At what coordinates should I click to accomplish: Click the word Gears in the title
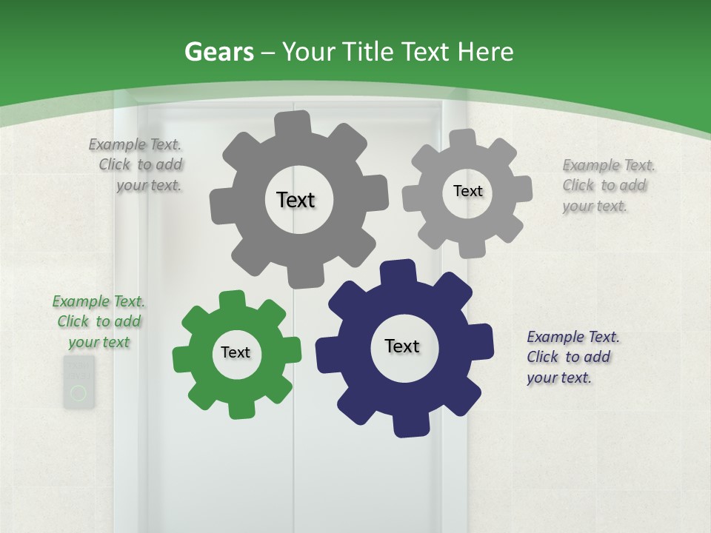[218, 52]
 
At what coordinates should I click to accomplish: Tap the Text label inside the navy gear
[402, 346]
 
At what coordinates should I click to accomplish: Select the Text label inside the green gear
[236, 352]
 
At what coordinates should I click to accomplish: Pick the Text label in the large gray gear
[296, 200]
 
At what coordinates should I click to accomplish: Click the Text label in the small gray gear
[468, 191]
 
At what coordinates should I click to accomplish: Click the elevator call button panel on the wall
[79, 382]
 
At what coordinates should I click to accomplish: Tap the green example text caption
[99, 321]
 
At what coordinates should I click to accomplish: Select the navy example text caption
[573, 357]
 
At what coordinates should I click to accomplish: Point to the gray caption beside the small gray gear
[608, 185]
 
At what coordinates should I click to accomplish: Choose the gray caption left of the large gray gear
[136, 164]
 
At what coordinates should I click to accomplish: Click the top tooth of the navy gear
[398, 270]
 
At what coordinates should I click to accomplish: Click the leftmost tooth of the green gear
[182, 358]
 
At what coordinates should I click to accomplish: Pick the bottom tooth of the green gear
[240, 409]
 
